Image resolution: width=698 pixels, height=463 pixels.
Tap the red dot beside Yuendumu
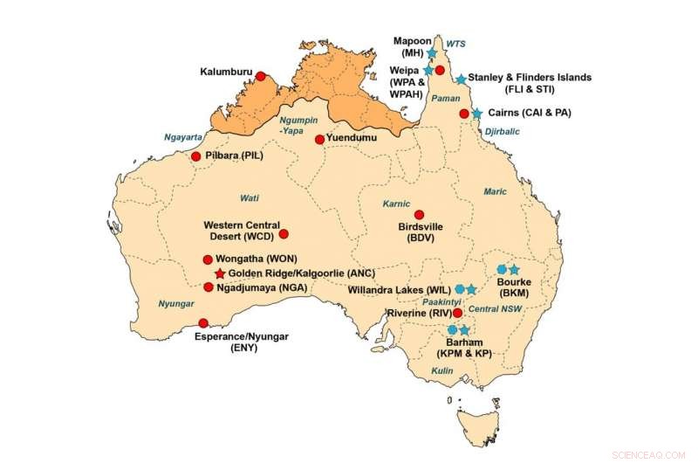coord(319,139)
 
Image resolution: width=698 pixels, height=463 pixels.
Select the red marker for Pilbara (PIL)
coord(195,156)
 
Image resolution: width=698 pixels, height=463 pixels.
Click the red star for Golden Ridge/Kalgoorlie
coord(219,273)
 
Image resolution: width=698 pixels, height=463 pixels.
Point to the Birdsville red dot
coord(419,214)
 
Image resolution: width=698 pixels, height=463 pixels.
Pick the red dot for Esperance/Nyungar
coord(203,322)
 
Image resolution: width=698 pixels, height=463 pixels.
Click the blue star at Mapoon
coord(431,53)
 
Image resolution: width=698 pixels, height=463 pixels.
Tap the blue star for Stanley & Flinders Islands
coord(461,79)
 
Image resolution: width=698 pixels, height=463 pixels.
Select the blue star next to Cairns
coord(476,114)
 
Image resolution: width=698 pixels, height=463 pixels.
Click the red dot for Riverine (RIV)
coord(458,312)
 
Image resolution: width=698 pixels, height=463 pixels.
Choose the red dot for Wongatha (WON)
coord(208,259)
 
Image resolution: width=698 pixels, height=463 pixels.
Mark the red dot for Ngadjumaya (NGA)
coord(209,287)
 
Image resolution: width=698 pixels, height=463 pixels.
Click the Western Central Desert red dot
coord(283,233)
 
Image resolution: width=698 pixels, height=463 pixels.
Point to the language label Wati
coord(250,197)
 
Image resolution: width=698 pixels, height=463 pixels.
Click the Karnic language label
coord(396,204)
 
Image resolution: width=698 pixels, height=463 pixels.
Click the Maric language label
coord(495,191)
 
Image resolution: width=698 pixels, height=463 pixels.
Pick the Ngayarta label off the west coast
coord(183,137)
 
